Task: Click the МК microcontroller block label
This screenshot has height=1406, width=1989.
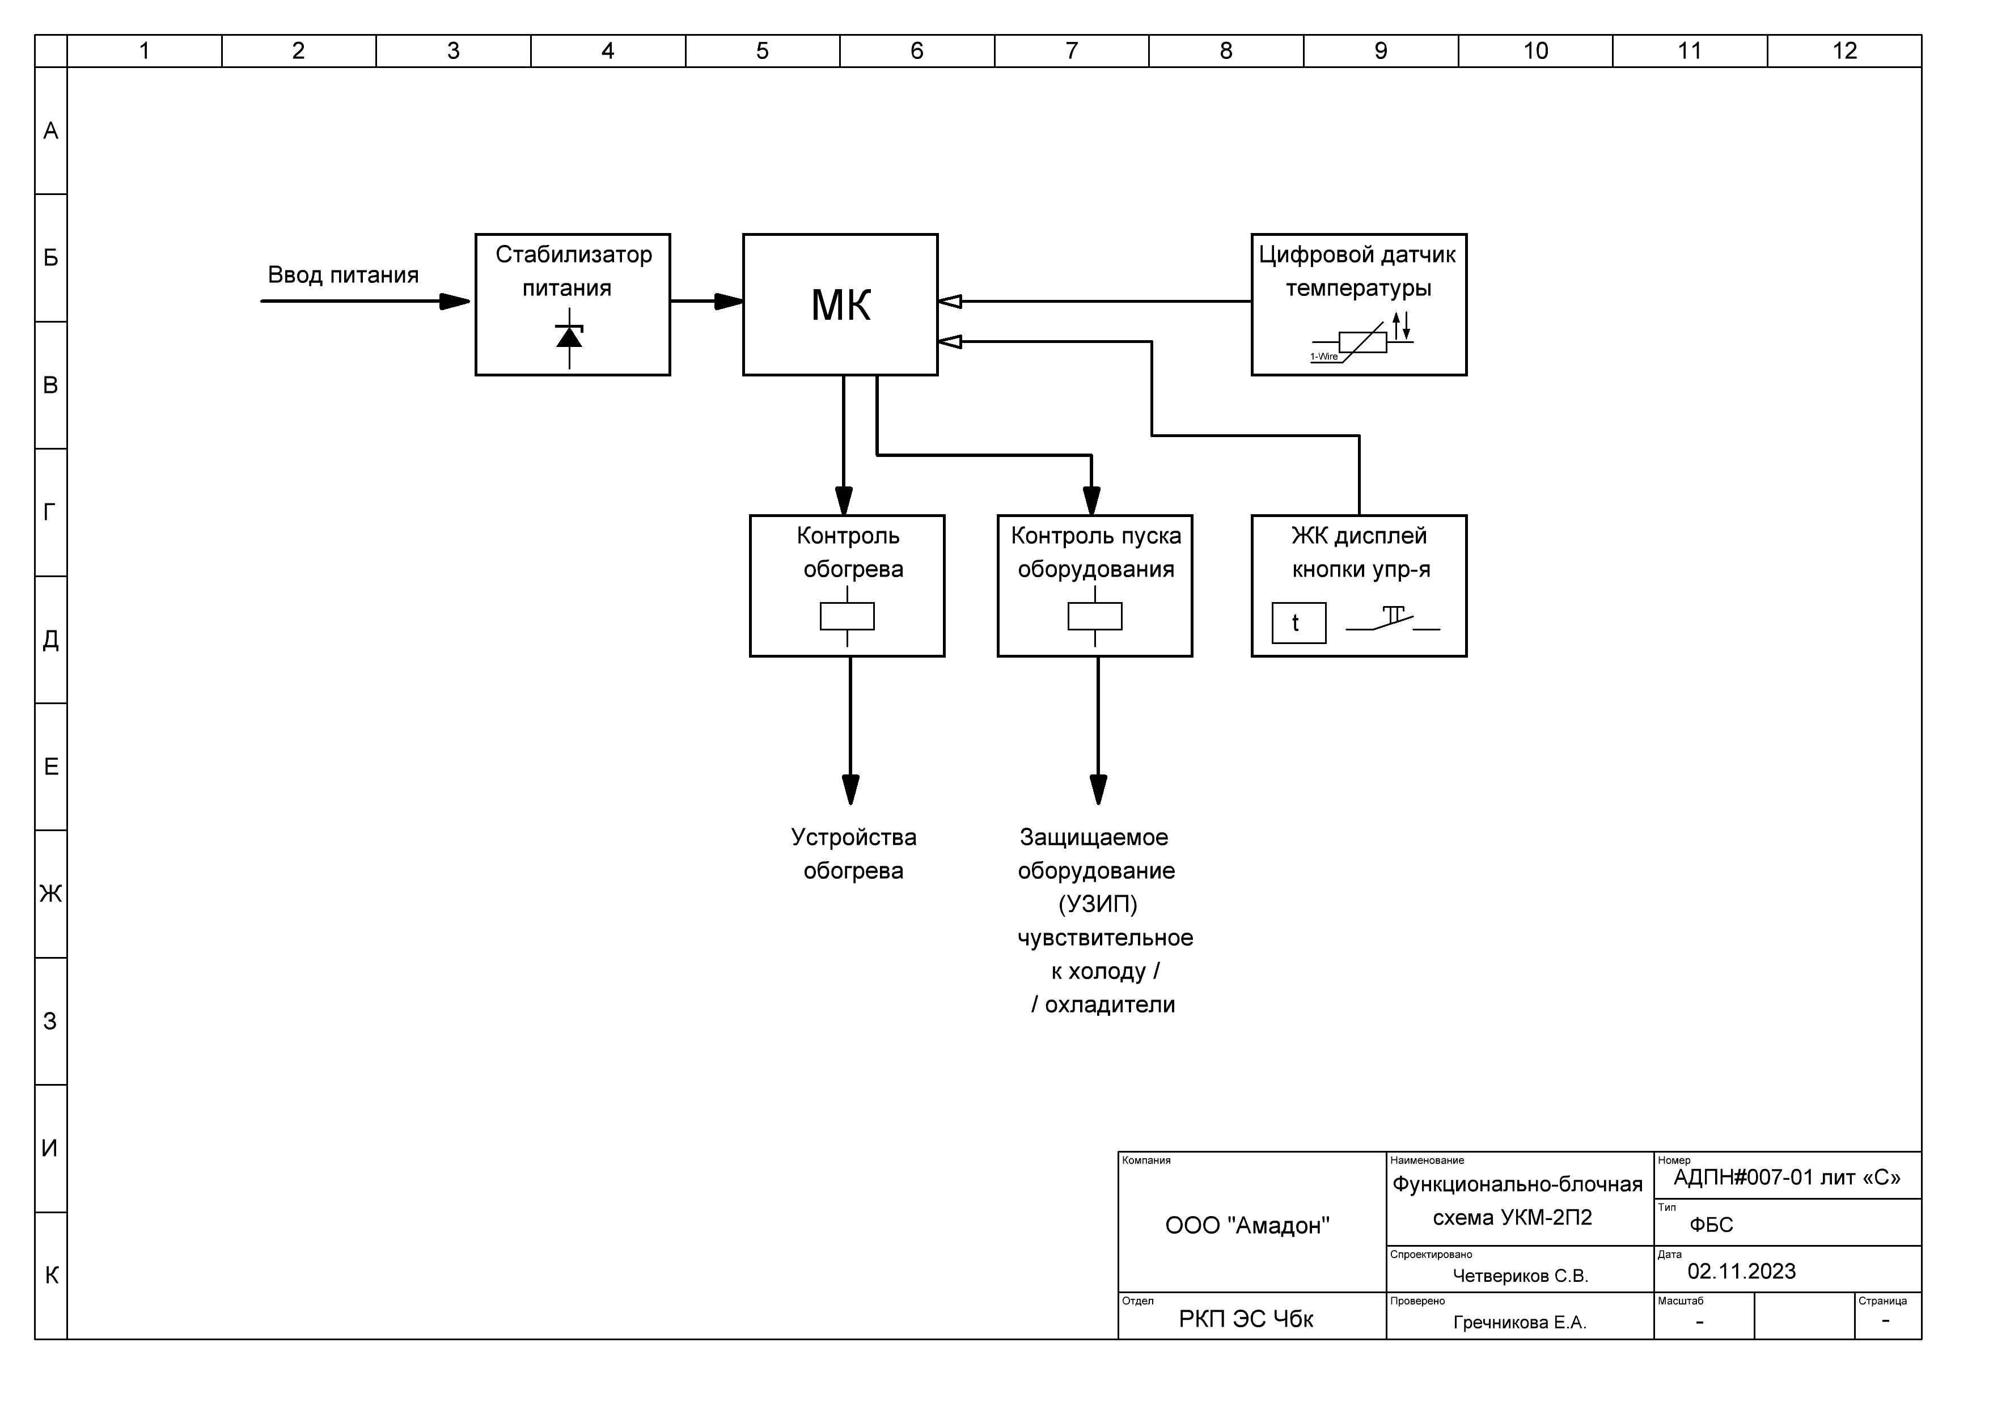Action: [840, 305]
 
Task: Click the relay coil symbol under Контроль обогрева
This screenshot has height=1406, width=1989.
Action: [847, 616]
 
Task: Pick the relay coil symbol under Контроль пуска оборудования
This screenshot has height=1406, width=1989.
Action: [1095, 616]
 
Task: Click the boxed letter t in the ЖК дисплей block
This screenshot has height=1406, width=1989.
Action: [1298, 623]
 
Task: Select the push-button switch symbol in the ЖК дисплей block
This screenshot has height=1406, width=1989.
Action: [1392, 619]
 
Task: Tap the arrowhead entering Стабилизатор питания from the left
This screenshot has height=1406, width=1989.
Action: [455, 302]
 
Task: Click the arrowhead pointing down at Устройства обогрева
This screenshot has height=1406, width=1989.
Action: [850, 789]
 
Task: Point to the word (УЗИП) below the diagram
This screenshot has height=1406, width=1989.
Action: [1098, 904]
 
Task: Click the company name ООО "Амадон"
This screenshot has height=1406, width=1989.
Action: [1247, 1225]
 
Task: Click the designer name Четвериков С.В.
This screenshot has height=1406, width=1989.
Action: [1520, 1276]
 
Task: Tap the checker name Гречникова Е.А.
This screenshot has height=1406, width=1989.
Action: [1520, 1323]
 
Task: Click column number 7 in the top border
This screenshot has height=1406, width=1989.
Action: [1072, 51]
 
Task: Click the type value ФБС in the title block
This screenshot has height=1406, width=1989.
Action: [1711, 1225]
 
